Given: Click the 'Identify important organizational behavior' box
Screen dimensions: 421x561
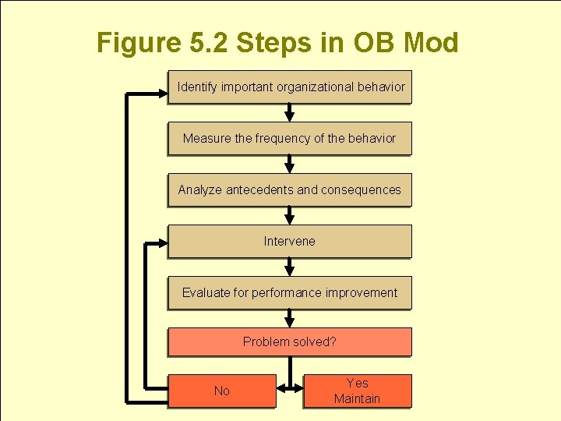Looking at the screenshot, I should point(290,87).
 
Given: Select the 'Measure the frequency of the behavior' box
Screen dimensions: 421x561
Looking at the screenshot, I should point(290,139).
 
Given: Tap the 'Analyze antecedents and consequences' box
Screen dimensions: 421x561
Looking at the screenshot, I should point(290,190).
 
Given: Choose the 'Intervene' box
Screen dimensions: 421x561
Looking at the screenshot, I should point(290,242).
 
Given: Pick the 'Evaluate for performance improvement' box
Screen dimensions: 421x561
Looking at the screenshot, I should point(290,293).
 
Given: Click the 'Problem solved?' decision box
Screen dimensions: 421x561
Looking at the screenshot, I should point(290,342).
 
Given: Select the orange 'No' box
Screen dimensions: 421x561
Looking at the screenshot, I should point(222,391).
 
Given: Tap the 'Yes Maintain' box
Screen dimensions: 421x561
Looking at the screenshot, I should point(357,391).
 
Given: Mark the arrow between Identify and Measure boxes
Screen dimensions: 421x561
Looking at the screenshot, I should point(290,113).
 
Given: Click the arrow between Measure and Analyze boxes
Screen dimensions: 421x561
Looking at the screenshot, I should point(290,165).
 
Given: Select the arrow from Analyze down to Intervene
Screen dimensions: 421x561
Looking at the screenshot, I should point(290,216).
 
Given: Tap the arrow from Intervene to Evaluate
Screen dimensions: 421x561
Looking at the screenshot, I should point(290,267).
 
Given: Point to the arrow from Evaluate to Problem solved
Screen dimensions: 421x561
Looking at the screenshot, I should point(290,318).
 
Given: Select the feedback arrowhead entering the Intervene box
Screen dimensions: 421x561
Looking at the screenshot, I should point(161,245).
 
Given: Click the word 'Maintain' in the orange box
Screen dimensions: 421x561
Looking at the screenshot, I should point(357,399).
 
